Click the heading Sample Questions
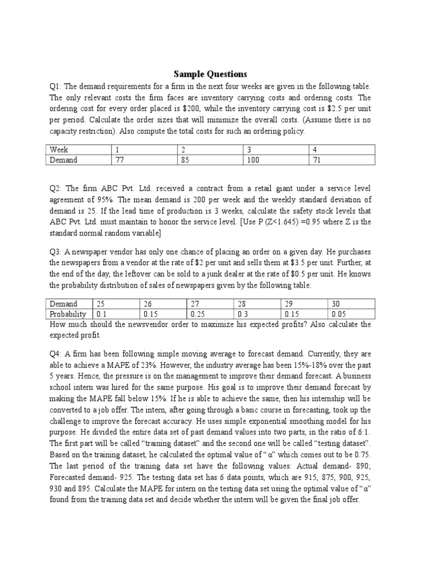click(x=210, y=74)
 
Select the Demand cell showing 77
click(x=120, y=160)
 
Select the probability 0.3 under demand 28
click(x=243, y=314)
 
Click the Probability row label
click(x=68, y=314)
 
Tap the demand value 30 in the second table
click(x=334, y=304)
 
